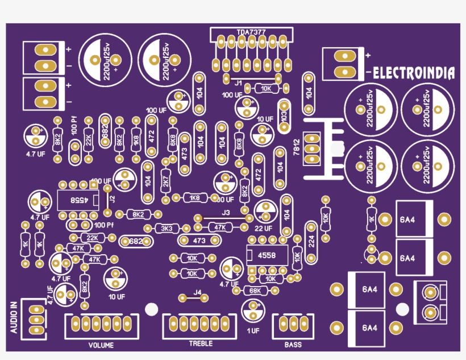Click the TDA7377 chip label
tap(251, 32)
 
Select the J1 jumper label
tap(239, 84)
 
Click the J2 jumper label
tap(112, 198)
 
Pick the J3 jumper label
tap(226, 212)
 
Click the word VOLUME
tap(101, 345)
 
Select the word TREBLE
tap(201, 344)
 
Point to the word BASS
tap(293, 345)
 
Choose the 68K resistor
tap(255, 290)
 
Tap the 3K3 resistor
tap(167, 228)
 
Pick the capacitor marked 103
tap(284, 114)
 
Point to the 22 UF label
tap(264, 228)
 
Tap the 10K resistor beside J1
tap(265, 88)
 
